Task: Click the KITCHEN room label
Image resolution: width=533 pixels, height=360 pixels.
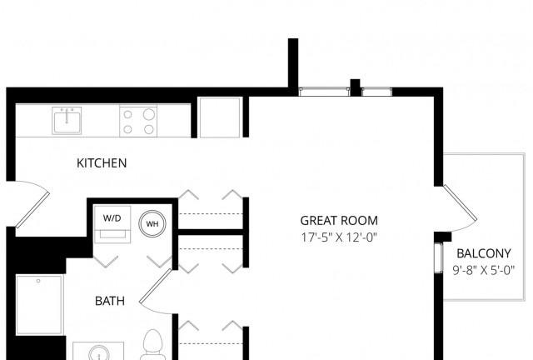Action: coord(102,163)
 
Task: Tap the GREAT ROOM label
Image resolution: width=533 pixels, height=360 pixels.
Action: coord(339,221)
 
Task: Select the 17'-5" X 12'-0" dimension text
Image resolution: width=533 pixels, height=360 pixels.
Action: coord(339,237)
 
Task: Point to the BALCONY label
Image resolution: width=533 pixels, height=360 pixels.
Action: coord(483,253)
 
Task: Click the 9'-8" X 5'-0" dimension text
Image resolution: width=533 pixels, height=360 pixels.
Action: coord(483,270)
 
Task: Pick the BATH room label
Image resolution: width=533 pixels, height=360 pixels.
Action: coord(110,301)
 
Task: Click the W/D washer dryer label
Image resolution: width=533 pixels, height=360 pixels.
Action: coord(112,218)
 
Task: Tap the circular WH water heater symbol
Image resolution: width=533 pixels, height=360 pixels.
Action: coord(152,223)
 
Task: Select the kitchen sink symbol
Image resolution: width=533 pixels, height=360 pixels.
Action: coord(67,121)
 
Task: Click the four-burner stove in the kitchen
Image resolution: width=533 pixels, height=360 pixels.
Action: coord(138,121)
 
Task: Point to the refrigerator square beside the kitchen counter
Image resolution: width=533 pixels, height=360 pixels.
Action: coord(220,117)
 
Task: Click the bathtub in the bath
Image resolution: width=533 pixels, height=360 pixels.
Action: coord(39,305)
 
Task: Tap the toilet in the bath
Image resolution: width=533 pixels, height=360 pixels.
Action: coord(152,344)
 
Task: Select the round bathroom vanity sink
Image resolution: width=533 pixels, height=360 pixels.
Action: coord(98,353)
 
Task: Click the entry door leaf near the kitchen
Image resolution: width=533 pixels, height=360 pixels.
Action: coord(32,210)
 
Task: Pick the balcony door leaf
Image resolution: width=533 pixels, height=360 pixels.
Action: coord(461,202)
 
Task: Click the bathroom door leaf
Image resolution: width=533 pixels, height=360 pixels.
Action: coord(156,286)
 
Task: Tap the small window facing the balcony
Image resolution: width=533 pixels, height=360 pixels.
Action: coord(439,258)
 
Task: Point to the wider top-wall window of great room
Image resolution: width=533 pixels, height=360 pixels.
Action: coord(324,92)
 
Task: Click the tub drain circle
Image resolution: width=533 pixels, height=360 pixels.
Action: coord(38,281)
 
